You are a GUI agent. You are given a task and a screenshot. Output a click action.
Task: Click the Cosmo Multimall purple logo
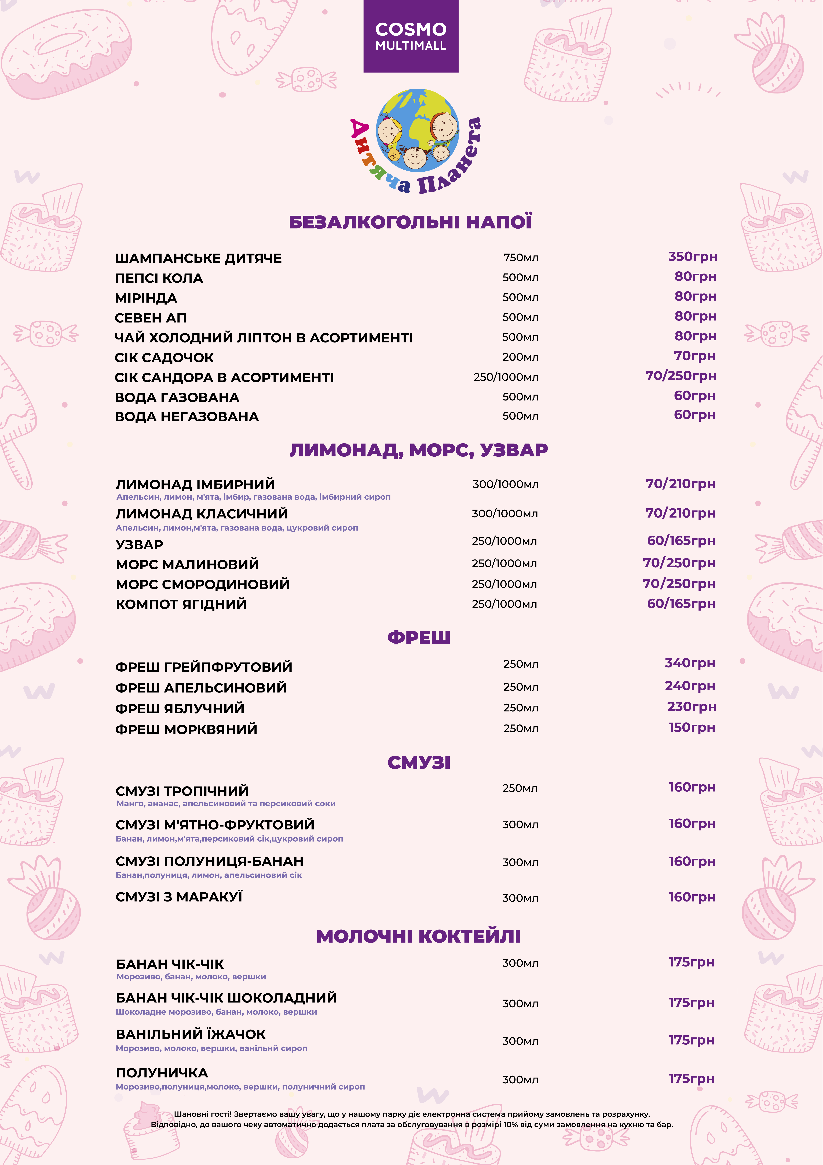[411, 36]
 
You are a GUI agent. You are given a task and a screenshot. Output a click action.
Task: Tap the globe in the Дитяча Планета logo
[417, 130]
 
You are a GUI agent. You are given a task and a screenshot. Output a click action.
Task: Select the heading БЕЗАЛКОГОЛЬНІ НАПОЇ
[410, 222]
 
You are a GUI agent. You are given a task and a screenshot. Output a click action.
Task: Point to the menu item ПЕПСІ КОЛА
[159, 278]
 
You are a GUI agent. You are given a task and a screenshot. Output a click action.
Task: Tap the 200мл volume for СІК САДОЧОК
[520, 357]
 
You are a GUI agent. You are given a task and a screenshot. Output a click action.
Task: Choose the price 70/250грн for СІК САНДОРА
[681, 376]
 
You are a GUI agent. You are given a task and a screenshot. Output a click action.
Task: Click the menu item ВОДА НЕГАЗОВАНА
[187, 417]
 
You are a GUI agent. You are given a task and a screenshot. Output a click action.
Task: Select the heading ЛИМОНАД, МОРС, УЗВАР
[418, 450]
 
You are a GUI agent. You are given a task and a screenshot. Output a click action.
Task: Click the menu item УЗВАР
[140, 544]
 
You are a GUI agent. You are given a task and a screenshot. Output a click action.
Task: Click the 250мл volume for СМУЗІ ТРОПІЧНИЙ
[520, 788]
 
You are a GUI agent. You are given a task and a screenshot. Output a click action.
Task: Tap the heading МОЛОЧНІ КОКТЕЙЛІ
[418, 936]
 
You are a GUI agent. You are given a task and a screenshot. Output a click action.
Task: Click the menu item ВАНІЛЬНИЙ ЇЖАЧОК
[191, 1034]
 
